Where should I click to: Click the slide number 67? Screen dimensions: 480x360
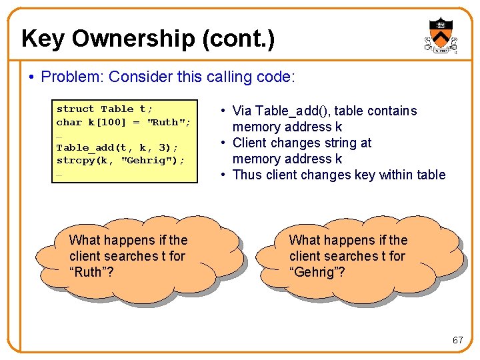pos(457,340)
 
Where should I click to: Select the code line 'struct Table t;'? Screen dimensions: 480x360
pos(105,109)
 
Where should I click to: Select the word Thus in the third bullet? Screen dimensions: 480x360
pos(247,175)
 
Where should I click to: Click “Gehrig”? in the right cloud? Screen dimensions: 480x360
pos(317,272)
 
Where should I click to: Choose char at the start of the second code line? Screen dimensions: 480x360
pos(69,122)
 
